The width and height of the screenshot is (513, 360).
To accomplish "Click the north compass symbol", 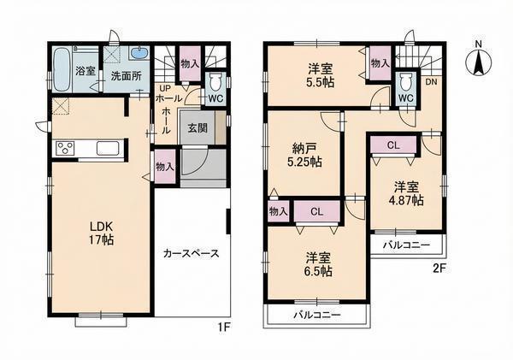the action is tap(478, 62).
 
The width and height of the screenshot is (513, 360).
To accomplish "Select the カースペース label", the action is tap(191, 253).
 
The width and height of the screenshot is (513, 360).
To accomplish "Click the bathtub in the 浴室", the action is tap(62, 70).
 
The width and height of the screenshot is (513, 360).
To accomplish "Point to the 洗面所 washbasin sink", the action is tap(139, 53).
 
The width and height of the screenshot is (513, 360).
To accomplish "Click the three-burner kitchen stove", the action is tap(66, 148).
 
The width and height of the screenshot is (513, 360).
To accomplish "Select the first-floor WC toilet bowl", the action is tap(215, 82).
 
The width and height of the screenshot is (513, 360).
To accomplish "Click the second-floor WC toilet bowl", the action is tap(406, 82).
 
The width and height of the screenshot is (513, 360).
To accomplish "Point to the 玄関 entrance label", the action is tap(198, 127).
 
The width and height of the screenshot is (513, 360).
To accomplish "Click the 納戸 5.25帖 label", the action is tap(304, 156).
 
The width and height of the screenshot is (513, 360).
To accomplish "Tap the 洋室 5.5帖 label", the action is tap(321, 76).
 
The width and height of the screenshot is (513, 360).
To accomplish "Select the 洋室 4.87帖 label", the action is tap(406, 194).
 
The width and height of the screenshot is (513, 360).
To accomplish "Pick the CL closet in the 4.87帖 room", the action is tap(393, 145).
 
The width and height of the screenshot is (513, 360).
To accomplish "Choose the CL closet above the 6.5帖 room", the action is tap(317, 211).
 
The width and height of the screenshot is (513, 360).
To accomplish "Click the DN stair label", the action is tap(431, 82).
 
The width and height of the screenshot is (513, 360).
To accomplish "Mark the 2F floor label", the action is tap(439, 269).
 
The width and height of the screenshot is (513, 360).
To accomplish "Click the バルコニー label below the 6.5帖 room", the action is tap(317, 316).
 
